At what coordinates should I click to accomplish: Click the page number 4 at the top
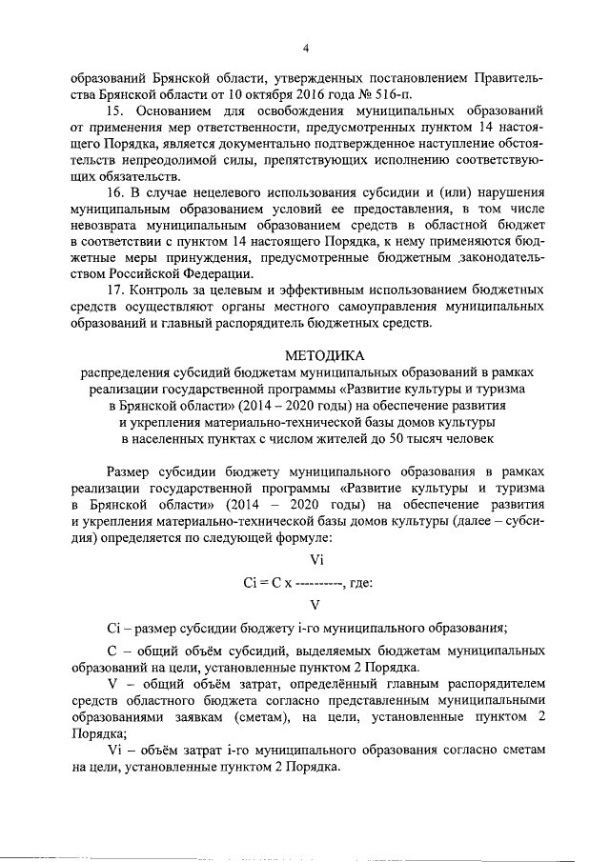click(x=305, y=48)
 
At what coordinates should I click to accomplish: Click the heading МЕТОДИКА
click(x=305, y=356)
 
